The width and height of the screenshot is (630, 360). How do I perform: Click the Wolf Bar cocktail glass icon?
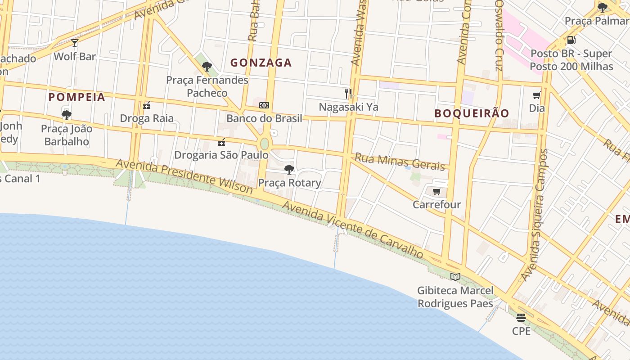pos(75,43)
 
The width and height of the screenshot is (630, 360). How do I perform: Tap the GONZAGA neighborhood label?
pos(261,63)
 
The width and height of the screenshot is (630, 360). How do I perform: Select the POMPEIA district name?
pos(77,97)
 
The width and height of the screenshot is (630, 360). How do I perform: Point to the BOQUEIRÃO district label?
pos(472,113)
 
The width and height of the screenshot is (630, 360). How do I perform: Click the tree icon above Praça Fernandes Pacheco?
pos(207,67)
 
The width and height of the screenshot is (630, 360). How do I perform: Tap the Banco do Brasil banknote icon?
pos(264,105)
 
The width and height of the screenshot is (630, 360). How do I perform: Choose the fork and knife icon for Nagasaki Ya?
pos(348,94)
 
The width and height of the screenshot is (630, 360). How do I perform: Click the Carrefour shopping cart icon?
pos(437,192)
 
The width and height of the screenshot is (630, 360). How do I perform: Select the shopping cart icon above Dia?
pos(537,95)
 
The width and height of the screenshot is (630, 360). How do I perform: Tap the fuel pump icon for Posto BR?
pos(571,40)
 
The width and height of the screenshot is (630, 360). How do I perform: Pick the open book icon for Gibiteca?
pos(455,277)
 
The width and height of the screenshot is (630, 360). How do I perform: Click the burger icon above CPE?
pos(521,318)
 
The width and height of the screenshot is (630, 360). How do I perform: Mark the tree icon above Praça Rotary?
pos(289,170)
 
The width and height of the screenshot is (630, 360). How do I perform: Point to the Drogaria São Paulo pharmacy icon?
pos(221,142)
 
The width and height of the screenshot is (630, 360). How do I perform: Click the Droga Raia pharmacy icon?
pos(147,105)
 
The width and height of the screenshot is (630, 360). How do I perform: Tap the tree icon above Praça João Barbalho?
pos(67,115)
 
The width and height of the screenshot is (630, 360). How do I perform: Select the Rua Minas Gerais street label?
pos(400,162)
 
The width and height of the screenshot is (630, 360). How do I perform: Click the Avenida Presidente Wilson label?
pos(184,176)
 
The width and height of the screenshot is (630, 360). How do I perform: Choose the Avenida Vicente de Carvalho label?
pos(353,230)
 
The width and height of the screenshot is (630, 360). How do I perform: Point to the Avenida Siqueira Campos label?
pos(535,215)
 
